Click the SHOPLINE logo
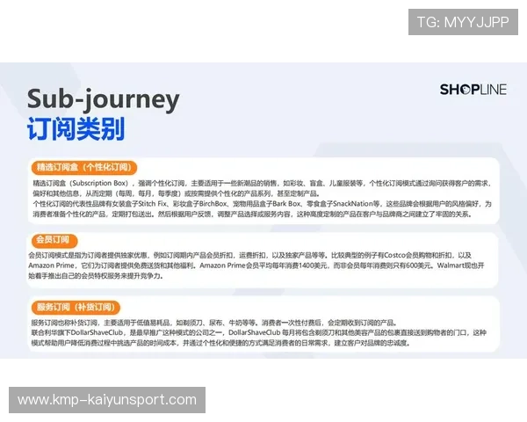[x=473, y=89]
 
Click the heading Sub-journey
[x=103, y=98]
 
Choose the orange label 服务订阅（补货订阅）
[x=74, y=307]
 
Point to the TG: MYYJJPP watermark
[x=462, y=22]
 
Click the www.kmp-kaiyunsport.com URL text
[x=107, y=400]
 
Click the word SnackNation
[x=370, y=204]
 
